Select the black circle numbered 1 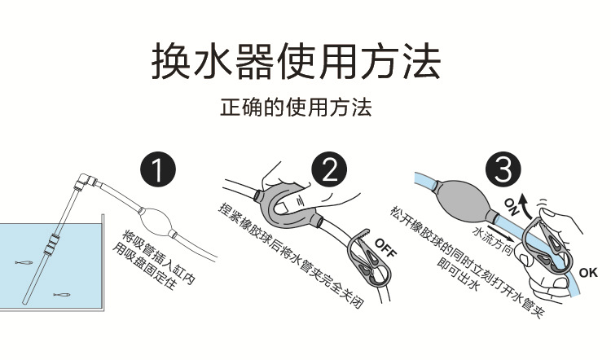[158, 170]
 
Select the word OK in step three [587, 271]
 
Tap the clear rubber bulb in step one [159, 222]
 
